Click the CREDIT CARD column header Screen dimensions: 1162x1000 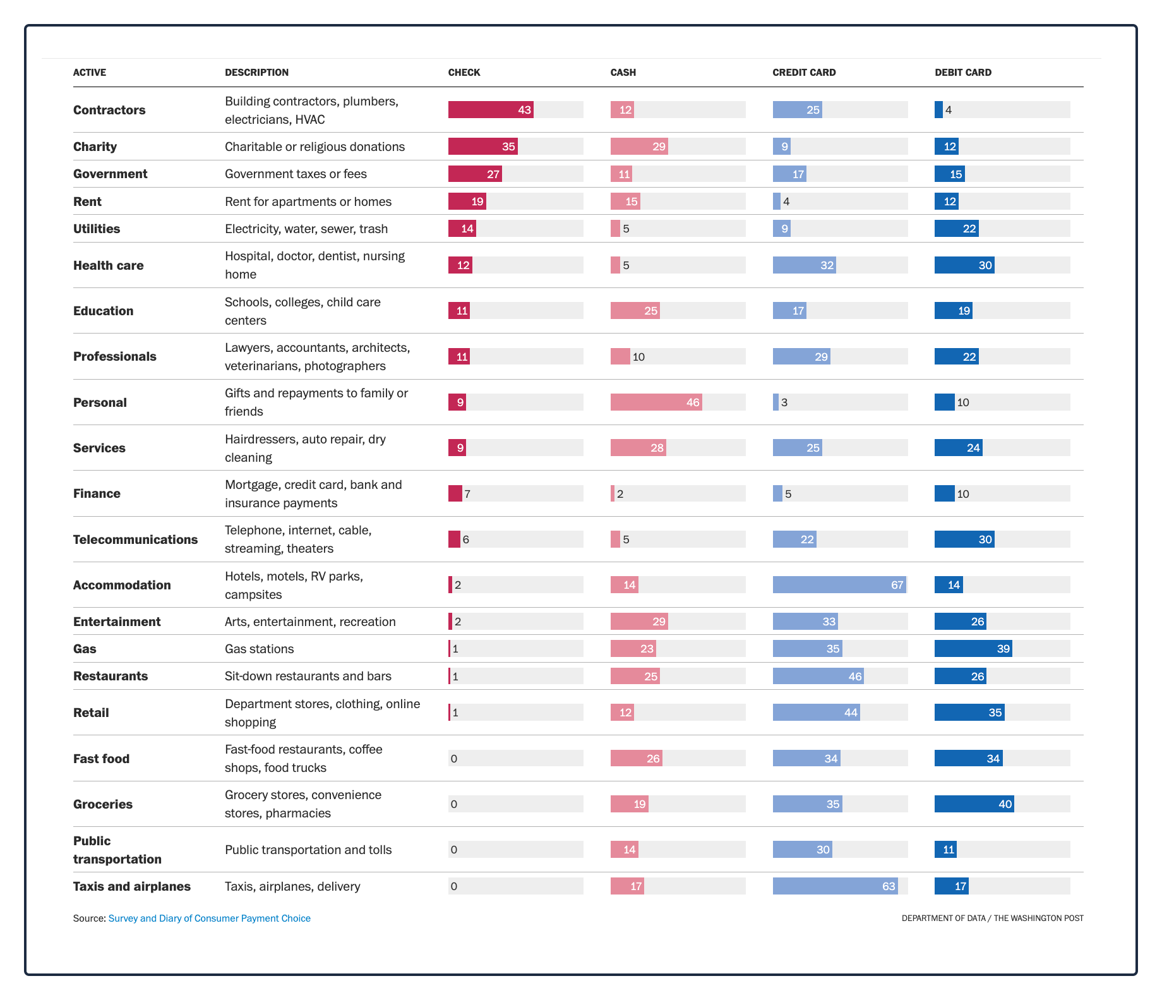click(804, 73)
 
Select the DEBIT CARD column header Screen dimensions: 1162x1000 click(963, 73)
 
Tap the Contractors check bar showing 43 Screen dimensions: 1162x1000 click(491, 110)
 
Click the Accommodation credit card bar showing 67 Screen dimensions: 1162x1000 click(839, 585)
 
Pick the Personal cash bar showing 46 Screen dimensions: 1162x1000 click(656, 402)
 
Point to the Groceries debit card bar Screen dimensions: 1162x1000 click(974, 804)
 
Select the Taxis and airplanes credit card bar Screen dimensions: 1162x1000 click(836, 886)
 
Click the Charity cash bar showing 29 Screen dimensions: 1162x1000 click(639, 147)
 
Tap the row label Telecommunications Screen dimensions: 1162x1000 click(135, 539)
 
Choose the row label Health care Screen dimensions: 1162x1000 click(108, 265)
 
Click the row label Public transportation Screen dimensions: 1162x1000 click(117, 850)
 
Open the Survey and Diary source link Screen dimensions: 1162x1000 click(210, 919)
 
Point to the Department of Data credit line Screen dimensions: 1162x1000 click(992, 919)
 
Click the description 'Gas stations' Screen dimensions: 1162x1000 click(260, 649)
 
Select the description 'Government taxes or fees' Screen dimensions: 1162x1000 click(296, 174)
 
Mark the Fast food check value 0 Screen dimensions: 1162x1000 click(454, 759)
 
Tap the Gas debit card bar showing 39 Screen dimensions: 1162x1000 click(973, 649)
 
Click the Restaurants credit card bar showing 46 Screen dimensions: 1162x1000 click(818, 676)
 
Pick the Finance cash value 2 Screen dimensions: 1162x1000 click(620, 494)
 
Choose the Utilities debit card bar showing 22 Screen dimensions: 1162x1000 click(957, 229)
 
